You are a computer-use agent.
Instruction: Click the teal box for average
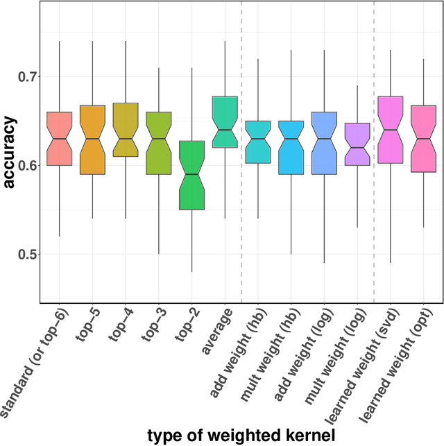[x=225, y=122]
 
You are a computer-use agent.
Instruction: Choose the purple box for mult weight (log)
[x=357, y=144]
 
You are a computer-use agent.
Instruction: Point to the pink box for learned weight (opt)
[x=423, y=139]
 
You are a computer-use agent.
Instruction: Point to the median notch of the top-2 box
[x=191, y=174]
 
